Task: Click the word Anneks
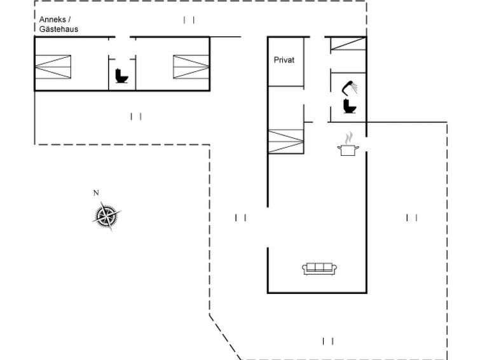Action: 52,20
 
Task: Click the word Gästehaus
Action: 58,29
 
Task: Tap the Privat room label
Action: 284,60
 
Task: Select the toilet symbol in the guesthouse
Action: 121,76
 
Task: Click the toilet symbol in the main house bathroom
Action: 350,106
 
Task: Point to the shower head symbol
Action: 350,87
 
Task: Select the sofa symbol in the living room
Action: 319,268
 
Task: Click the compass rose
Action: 106,216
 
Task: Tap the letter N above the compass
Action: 96,193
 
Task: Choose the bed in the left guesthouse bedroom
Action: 53,67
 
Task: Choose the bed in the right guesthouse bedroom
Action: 191,67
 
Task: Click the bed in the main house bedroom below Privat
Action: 286,141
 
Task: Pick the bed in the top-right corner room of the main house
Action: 348,43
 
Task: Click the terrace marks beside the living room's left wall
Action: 240,218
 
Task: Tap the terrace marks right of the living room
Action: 412,218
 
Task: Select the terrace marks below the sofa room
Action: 328,341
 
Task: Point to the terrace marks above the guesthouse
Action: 189,20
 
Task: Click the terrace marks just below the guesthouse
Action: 136,116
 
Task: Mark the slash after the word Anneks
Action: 69,20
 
